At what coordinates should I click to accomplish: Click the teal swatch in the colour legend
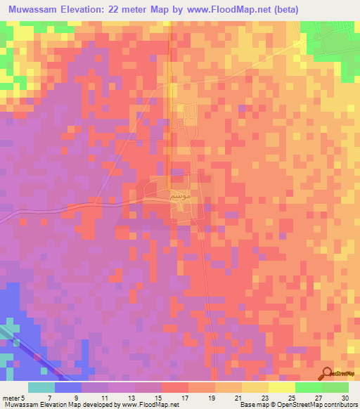[41, 387]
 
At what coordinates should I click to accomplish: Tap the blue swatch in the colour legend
[68, 387]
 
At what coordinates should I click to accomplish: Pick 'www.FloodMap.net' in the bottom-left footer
[149, 404]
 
